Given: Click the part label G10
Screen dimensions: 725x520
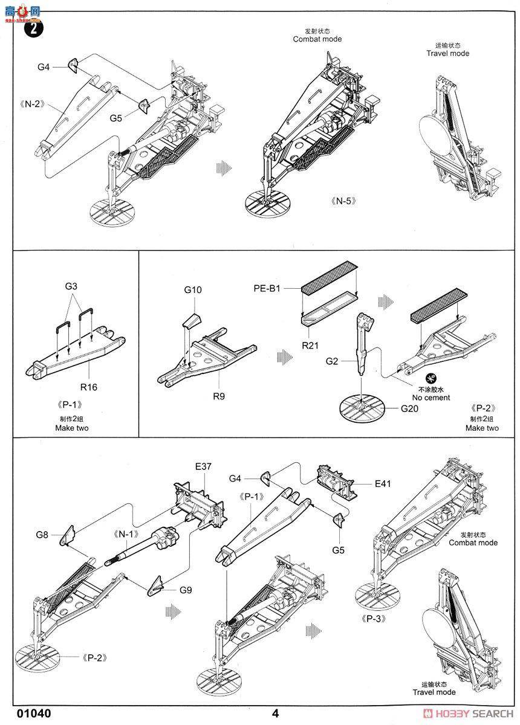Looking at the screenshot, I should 193,289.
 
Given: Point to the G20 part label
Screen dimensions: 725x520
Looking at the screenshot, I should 409,408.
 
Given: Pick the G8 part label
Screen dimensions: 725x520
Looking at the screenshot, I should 42,535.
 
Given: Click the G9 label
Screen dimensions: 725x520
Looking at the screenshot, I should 185,590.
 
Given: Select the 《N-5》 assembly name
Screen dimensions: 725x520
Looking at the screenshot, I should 343,201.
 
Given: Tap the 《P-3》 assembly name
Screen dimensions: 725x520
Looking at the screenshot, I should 374,619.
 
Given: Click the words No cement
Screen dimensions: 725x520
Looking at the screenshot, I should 432,398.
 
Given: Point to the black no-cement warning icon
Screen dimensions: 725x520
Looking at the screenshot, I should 431,378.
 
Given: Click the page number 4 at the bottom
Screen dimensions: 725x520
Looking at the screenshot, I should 275,713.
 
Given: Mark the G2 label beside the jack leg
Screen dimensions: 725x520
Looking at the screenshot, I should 331,362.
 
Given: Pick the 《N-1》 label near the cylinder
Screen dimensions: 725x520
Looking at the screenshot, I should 126,533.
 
